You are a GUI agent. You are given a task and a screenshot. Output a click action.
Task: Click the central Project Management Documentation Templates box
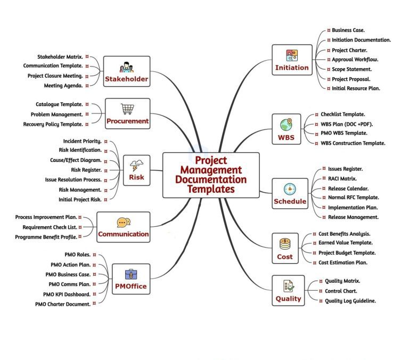pyautogui.click(x=211, y=174)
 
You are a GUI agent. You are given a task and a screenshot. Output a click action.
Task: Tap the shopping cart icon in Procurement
pyautogui.click(x=127, y=109)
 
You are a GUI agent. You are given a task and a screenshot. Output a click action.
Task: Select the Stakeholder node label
pyautogui.click(x=127, y=80)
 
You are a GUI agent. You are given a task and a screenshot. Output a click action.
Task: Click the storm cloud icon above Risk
pyautogui.click(x=136, y=165)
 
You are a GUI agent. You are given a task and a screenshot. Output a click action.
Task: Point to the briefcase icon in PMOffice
pyautogui.click(x=130, y=274)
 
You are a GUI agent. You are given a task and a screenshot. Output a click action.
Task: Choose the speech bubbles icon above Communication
pyautogui.click(x=124, y=223)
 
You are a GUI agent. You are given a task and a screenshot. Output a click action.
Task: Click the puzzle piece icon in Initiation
pyautogui.click(x=291, y=55)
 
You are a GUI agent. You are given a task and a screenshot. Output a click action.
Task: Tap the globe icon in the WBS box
pyautogui.click(x=287, y=125)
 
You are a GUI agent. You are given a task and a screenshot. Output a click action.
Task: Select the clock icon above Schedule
pyautogui.click(x=290, y=189)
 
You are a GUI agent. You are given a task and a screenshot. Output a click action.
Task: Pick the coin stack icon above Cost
pyautogui.click(x=285, y=244)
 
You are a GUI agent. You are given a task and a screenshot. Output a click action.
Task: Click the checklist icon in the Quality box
pyautogui.click(x=288, y=286)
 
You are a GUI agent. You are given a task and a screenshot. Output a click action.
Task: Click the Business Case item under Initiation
pyautogui.click(x=348, y=30)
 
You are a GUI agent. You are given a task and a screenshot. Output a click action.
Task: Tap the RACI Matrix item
pyautogui.click(x=342, y=178)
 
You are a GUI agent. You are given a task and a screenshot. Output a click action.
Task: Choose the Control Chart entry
pyautogui.click(x=341, y=291)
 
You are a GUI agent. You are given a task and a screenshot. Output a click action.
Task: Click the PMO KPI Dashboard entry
pyautogui.click(x=67, y=294)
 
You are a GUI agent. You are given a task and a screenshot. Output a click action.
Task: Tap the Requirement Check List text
pyautogui.click(x=50, y=227)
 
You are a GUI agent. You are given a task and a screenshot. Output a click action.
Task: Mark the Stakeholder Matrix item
pyautogui.click(x=59, y=56)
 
